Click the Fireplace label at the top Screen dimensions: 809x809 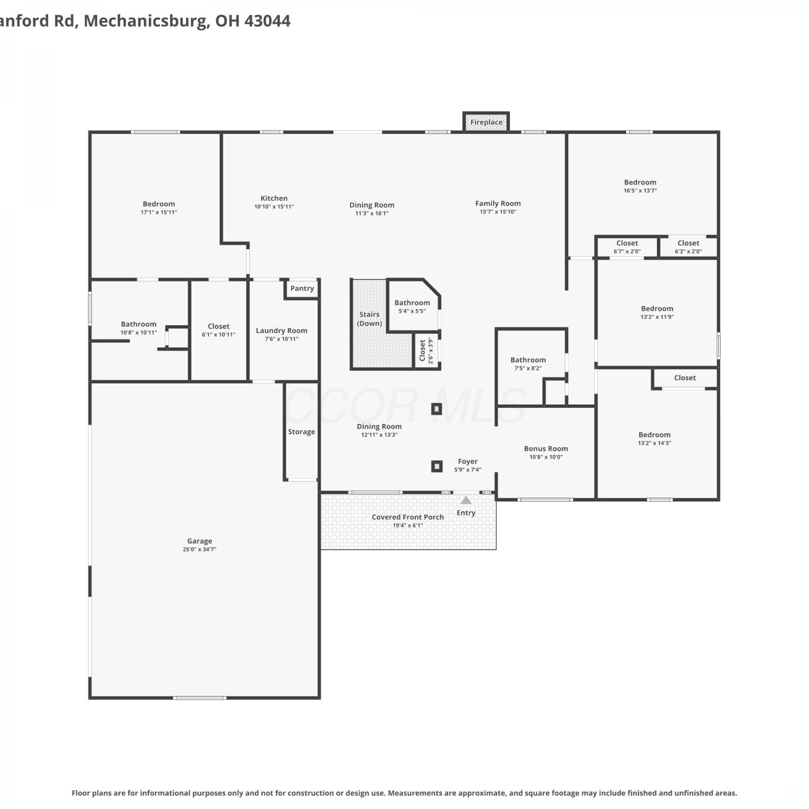pyautogui.click(x=486, y=122)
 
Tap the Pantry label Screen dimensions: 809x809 pyautogui.click(x=302, y=289)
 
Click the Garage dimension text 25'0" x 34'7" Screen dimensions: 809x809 pyautogui.click(x=200, y=550)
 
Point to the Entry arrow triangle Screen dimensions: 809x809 pyautogui.click(x=466, y=501)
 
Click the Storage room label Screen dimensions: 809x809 pyautogui.click(x=301, y=432)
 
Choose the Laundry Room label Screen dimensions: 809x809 pyautogui.click(x=282, y=331)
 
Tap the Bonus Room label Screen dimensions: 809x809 pyautogui.click(x=546, y=449)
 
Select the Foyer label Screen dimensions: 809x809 pyautogui.click(x=468, y=462)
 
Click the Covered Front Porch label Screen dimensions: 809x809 pyautogui.click(x=408, y=517)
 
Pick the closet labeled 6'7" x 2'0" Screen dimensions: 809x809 pyautogui.click(x=627, y=247)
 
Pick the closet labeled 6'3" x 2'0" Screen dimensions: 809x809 pyautogui.click(x=688, y=247)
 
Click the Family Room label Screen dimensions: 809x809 pyautogui.click(x=498, y=204)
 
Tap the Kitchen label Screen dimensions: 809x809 pyautogui.click(x=274, y=198)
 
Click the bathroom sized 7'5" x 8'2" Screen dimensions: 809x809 pyautogui.click(x=528, y=364)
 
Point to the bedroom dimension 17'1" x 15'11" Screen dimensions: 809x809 pyautogui.click(x=159, y=212)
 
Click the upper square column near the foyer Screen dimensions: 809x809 pyautogui.click(x=437, y=409)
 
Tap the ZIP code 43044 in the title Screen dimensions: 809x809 pyautogui.click(x=268, y=21)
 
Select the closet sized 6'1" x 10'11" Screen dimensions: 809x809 pyautogui.click(x=218, y=330)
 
